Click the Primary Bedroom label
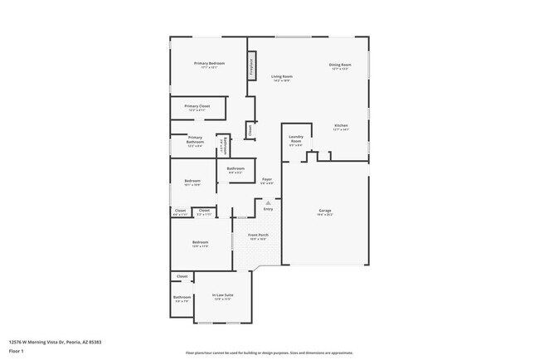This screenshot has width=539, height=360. click(x=210, y=64)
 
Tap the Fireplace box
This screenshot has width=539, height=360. click(x=252, y=68)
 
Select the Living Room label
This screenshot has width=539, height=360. click(x=282, y=77)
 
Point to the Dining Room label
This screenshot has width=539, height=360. click(x=340, y=65)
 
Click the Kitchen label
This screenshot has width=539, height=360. click(x=341, y=125)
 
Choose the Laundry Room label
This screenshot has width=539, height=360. click(x=296, y=139)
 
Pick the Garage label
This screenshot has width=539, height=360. click(x=325, y=212)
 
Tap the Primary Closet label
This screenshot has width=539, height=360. click(x=197, y=106)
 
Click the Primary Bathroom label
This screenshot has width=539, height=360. click(x=195, y=139)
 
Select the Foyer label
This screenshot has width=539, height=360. click(x=267, y=179)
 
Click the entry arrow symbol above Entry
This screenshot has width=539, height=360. click(x=268, y=202)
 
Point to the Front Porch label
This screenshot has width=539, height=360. click(x=258, y=236)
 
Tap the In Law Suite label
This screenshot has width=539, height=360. click(x=222, y=294)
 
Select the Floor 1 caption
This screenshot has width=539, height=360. click(x=16, y=350)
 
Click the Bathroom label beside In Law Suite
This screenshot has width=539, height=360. click(x=182, y=298)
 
